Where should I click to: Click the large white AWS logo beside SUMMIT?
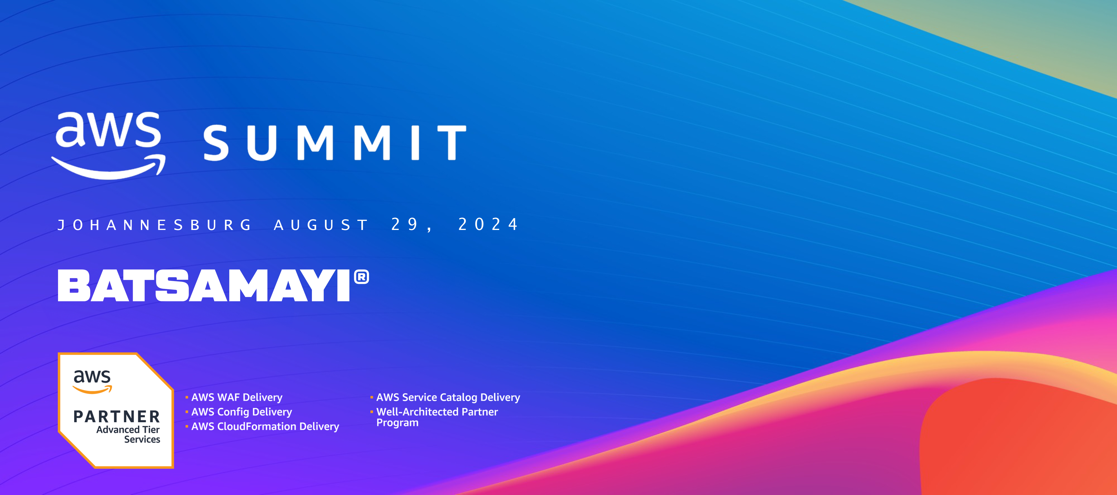[x=108, y=145]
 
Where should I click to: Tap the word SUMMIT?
[x=335, y=143]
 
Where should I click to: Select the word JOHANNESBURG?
[x=154, y=225]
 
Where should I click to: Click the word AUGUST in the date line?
[x=321, y=225]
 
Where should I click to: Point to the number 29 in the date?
[x=405, y=224]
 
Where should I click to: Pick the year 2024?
[x=488, y=224]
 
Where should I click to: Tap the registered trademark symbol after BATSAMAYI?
[x=362, y=277]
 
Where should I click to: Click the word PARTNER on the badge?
[x=117, y=416]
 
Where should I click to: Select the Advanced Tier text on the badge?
[x=128, y=429]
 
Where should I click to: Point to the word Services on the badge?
[x=142, y=439]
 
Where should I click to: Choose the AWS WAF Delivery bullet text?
[x=237, y=397]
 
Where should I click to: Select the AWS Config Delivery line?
[x=242, y=412]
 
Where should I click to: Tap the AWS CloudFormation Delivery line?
[x=265, y=426]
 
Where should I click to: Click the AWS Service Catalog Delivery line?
[x=448, y=397]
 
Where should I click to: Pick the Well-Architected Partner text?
[x=437, y=412]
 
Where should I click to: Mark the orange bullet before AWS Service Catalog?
[x=372, y=397]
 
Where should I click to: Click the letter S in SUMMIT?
[x=216, y=143]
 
